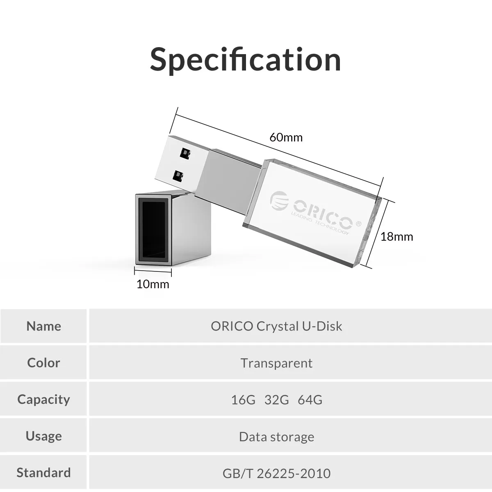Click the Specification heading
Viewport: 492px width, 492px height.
pos(245,60)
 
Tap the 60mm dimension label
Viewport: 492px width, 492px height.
pos(286,137)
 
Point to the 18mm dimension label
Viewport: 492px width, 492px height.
pos(396,237)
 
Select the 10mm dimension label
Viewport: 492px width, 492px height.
pos(153,284)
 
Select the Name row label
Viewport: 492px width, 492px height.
pos(43,326)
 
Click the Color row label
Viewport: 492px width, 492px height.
pos(43,363)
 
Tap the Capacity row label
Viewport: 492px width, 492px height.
pos(43,400)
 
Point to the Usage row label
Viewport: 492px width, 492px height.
pos(43,436)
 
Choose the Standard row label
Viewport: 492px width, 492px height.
pos(43,473)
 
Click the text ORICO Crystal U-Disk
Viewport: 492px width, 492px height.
pos(276,326)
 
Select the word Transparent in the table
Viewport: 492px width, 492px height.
pos(276,363)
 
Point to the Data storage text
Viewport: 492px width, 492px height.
pos(276,437)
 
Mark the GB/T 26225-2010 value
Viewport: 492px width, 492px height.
pos(276,474)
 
